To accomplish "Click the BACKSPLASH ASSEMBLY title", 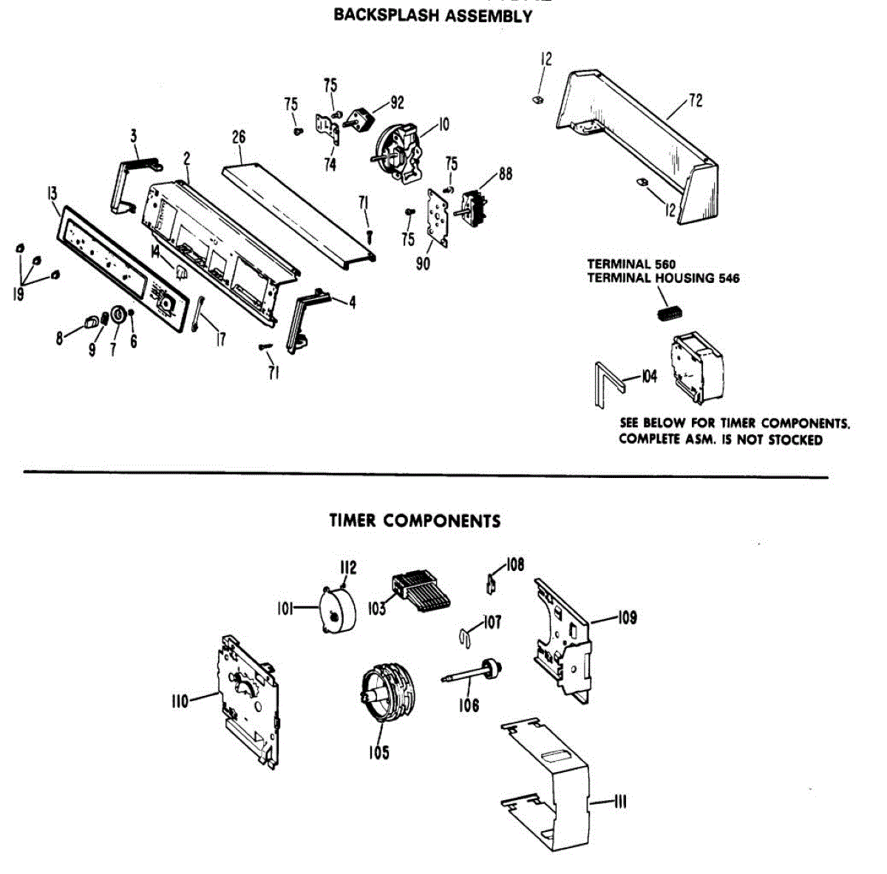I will pos(432,16).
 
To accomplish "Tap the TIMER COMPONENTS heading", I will pos(414,521).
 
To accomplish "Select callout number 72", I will pos(695,100).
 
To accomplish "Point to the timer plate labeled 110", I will pos(249,698).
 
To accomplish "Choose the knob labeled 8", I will pos(91,322).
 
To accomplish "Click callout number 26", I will pos(238,137).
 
